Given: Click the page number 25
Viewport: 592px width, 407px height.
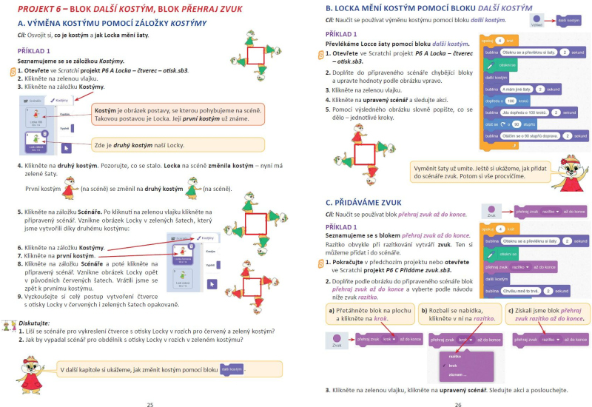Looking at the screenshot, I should coord(150,405).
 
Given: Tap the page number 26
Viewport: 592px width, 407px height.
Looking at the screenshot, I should coord(458,405).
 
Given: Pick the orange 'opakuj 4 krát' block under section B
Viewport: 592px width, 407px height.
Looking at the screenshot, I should coord(497,40).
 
